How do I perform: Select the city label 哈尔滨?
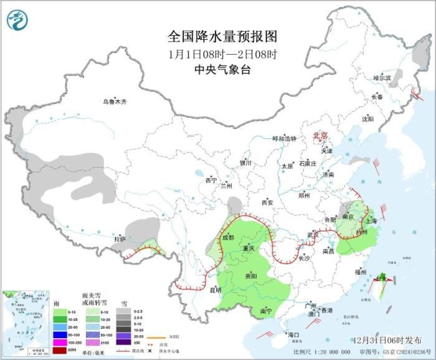(381, 78)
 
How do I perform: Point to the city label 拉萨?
(120, 239)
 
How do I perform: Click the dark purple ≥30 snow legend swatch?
(123, 341)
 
